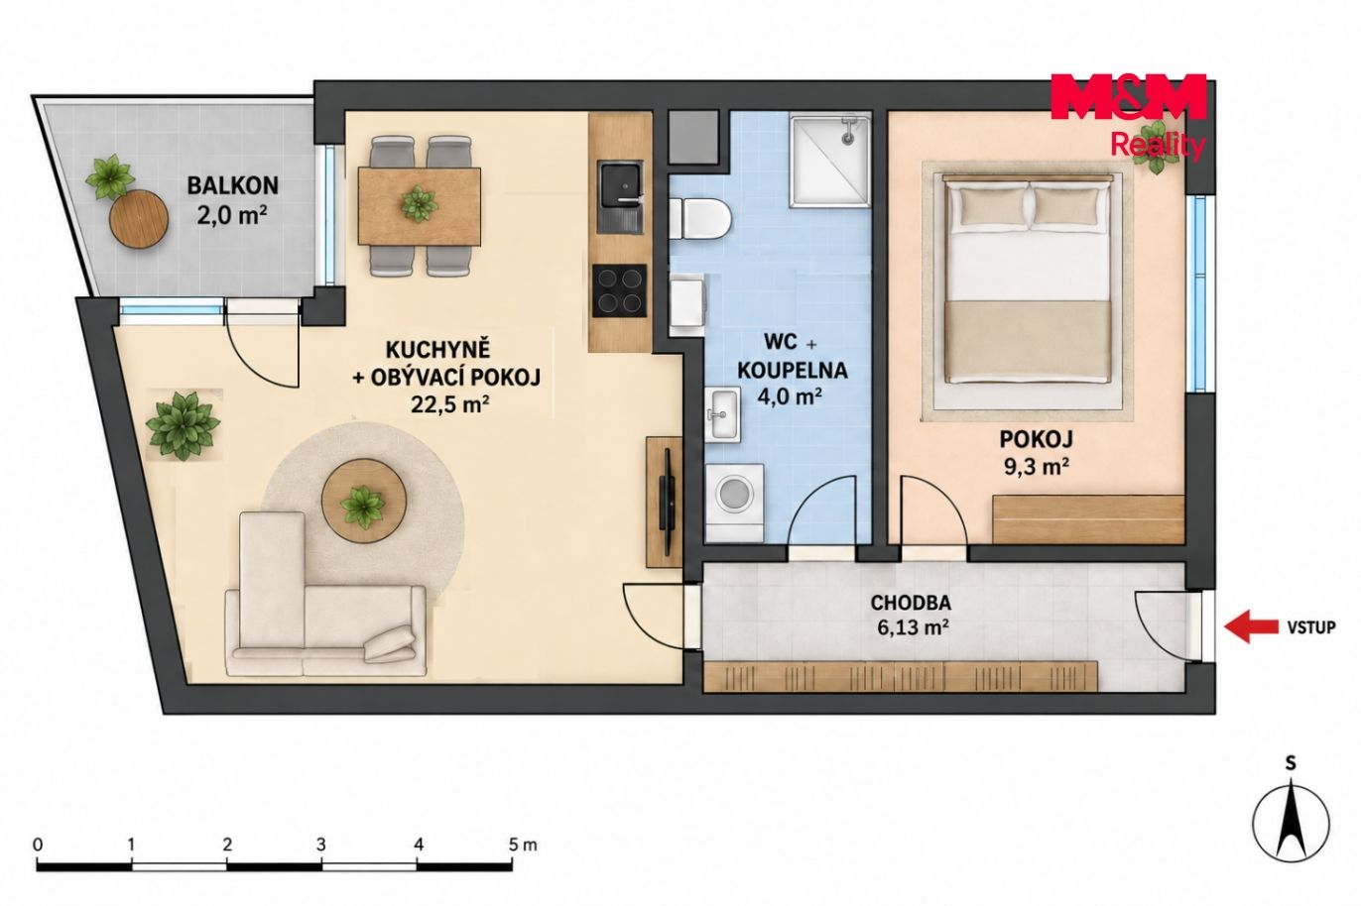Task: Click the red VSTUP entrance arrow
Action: point(1251,627)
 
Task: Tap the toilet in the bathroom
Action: point(698,220)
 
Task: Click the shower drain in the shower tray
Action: point(847,139)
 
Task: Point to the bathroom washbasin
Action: point(723,414)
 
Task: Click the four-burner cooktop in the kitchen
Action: point(619,290)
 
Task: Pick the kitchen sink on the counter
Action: point(620,196)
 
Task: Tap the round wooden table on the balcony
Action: point(139,218)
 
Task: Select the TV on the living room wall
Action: point(667,501)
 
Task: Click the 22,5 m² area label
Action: point(450,403)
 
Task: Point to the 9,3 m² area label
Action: point(1036,466)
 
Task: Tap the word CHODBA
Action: point(911,603)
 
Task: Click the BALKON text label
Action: point(233,185)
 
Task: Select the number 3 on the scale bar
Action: point(320,845)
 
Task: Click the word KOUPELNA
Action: point(793,371)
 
